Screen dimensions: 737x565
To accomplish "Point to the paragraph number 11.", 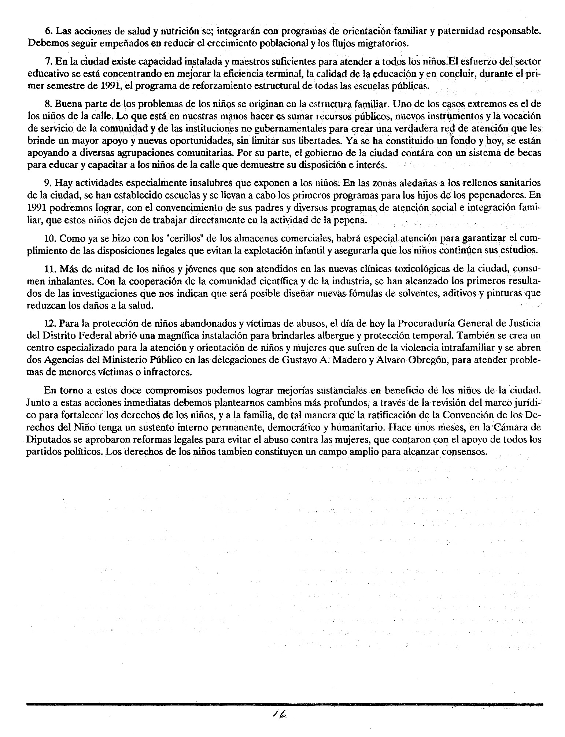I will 50,269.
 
